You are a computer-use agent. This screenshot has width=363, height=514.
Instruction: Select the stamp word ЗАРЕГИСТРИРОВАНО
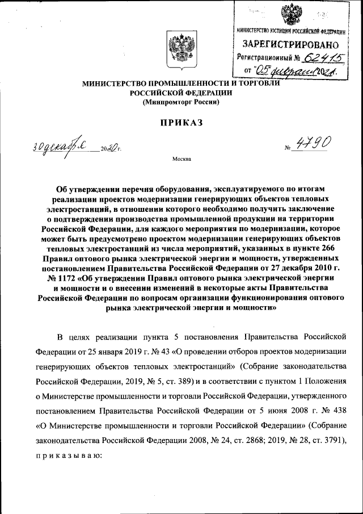pos(292,43)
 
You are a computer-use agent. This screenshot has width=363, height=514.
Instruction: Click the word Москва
pos(181,159)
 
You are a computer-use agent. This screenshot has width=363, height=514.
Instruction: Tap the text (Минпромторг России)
pos(180,102)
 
